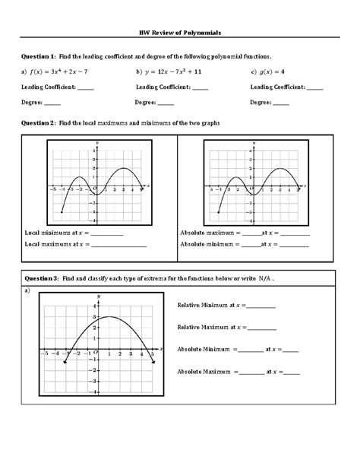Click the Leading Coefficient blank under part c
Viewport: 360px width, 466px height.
(314, 88)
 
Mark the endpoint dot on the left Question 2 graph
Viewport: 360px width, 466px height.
(62, 212)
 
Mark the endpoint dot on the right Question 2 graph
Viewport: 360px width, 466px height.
(219, 212)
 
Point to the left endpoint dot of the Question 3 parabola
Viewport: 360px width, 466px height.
(65, 363)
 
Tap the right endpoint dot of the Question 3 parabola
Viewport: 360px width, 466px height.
(153, 363)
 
